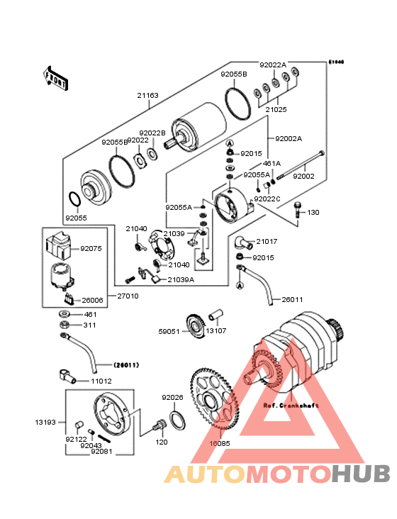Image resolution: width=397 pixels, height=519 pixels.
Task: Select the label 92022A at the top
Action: (273, 65)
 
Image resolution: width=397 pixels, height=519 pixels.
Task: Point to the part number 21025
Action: (276, 110)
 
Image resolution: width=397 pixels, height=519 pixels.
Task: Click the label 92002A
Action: (289, 138)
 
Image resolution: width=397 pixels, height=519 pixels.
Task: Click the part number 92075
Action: (91, 249)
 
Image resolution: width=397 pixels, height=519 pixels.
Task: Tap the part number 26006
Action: (91, 300)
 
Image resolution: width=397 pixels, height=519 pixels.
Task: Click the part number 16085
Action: (219, 443)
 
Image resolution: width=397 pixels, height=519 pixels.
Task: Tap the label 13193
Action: (45, 421)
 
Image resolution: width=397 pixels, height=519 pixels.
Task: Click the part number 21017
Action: (267, 242)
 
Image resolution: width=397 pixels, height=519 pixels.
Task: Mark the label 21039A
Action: (181, 279)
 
